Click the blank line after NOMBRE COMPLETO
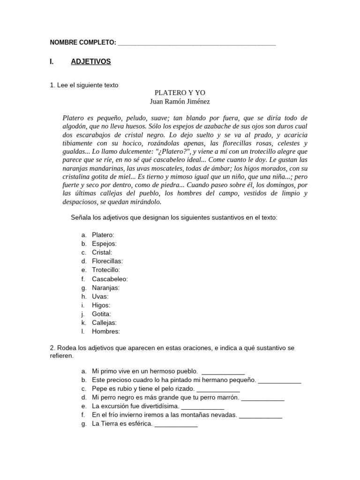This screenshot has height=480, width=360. pos(197,43)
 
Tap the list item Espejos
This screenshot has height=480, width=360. pos(104,244)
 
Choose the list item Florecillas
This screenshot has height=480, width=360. pos(107,261)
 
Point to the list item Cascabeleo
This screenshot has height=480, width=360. pos(110,279)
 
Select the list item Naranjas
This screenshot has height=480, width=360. pos(105,288)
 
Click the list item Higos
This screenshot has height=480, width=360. pos(101,305)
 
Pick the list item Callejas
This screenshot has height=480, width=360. pos(104,322)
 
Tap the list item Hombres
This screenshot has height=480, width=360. pos(106,331)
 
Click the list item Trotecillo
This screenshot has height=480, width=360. pos(106,270)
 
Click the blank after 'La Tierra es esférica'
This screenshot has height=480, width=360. pos(176,424)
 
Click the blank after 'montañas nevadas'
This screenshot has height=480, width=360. pos(261,415)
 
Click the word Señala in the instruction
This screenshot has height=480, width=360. pos(81,217)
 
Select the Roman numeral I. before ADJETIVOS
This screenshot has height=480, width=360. pos(52,62)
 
